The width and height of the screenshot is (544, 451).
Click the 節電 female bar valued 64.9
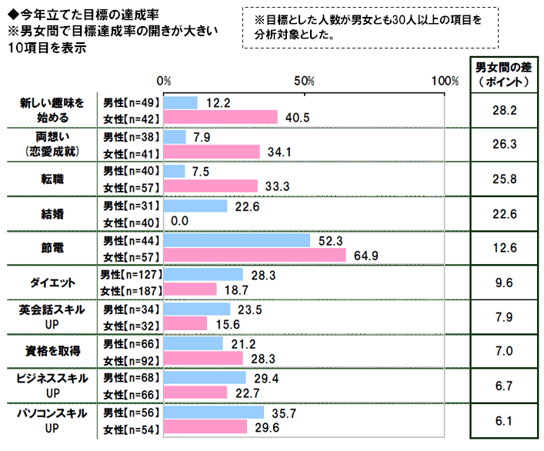[x=255, y=254]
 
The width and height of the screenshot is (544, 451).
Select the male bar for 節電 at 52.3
[x=236, y=240]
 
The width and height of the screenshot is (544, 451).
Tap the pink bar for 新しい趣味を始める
[x=220, y=117]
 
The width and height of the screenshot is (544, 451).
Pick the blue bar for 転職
[x=175, y=171]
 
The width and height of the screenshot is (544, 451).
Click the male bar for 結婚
[x=195, y=205]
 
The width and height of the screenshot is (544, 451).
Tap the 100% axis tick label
[x=445, y=81]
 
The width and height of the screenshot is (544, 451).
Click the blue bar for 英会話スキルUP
[x=197, y=309]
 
